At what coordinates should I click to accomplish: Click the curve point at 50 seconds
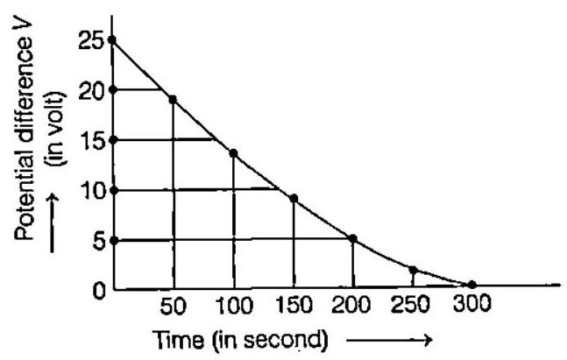point(173,99)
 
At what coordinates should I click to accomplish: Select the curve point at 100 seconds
point(233,153)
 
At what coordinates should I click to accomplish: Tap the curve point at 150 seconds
point(294,199)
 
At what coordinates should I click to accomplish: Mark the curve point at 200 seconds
point(352,238)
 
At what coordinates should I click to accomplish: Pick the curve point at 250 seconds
point(413,270)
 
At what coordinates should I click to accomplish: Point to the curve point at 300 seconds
point(472,285)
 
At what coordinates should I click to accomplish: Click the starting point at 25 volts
point(113,40)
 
